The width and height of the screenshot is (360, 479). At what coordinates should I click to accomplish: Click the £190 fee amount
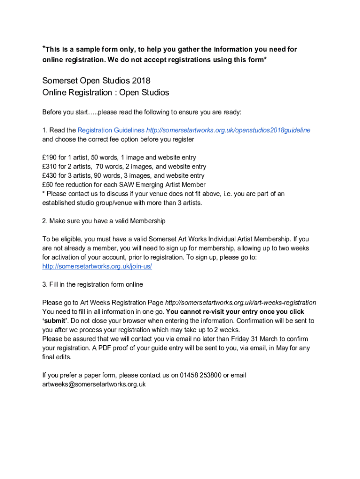pos(49,158)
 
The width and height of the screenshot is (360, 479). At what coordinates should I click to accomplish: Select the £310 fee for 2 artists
pos(49,167)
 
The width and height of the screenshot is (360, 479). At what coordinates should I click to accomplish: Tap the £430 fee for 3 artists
pos(49,176)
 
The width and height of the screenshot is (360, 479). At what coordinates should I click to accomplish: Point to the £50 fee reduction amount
pos(47,185)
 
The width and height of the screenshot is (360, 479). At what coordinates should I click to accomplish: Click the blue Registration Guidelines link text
pos(111,131)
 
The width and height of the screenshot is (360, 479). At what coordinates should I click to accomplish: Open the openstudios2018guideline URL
pos(228,131)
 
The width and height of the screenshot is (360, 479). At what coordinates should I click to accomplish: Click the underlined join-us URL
pos(97,266)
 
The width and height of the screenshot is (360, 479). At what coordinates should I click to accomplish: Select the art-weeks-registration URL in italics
pos(241,303)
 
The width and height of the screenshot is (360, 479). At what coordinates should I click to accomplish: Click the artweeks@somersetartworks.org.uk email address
pos(94,384)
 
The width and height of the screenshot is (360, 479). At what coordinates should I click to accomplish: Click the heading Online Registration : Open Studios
pos(106,93)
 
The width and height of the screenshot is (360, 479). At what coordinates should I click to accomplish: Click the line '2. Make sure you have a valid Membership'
pos(104,221)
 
